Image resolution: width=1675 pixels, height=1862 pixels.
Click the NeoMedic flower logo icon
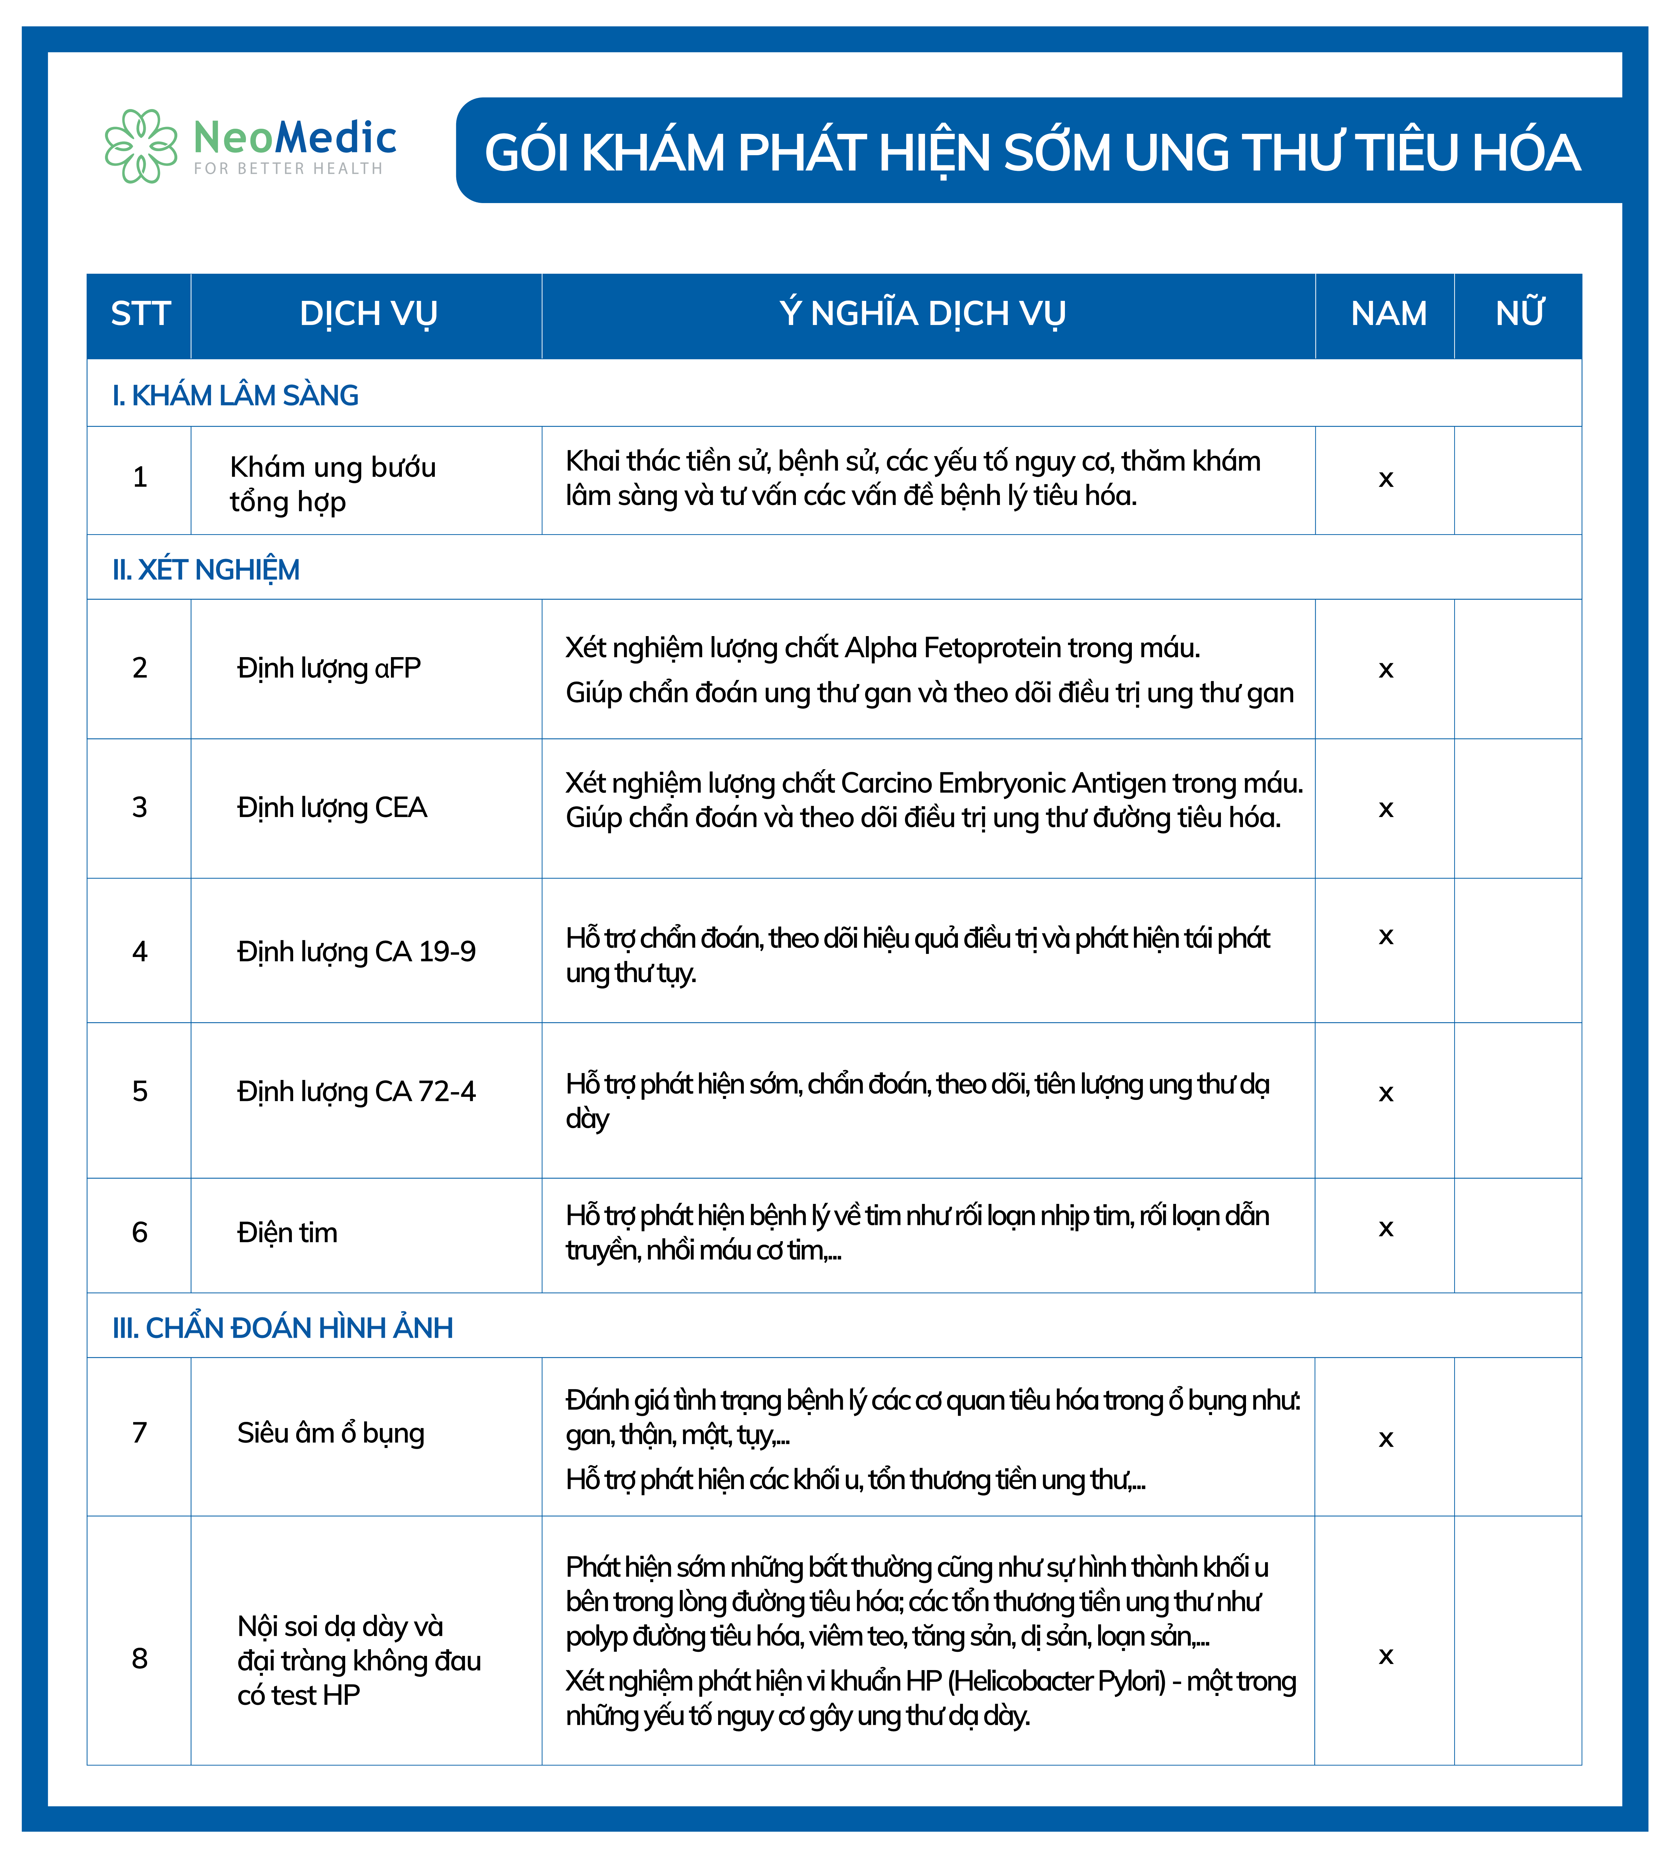[140, 146]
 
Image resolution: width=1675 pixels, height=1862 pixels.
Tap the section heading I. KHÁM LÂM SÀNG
[236, 396]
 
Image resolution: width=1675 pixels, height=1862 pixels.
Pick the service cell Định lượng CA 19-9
[356, 951]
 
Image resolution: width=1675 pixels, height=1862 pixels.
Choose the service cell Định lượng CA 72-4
[356, 1092]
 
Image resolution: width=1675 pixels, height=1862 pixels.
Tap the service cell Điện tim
[287, 1233]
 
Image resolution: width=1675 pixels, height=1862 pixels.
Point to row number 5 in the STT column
[140, 1092]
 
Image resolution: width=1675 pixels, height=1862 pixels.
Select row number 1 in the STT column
[140, 477]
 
